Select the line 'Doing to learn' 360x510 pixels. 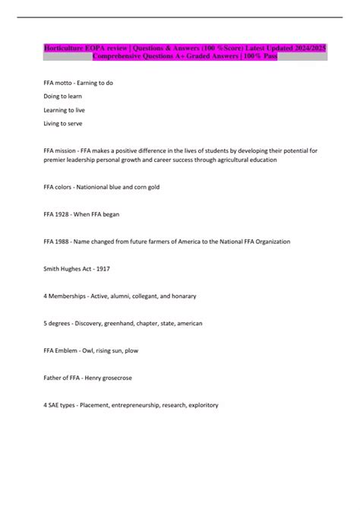coord(63,97)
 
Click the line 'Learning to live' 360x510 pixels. coord(65,109)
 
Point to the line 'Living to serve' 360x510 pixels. coord(63,123)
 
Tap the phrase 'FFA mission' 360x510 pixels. coord(62,150)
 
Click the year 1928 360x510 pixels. coord(65,214)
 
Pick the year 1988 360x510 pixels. coord(65,241)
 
